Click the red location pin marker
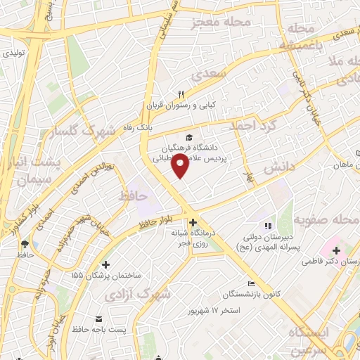click(181, 166)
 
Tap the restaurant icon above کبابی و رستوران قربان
click(181, 94)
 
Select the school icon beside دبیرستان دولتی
click(267, 226)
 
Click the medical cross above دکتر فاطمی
click(336, 250)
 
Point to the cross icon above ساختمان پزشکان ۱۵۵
click(105, 265)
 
